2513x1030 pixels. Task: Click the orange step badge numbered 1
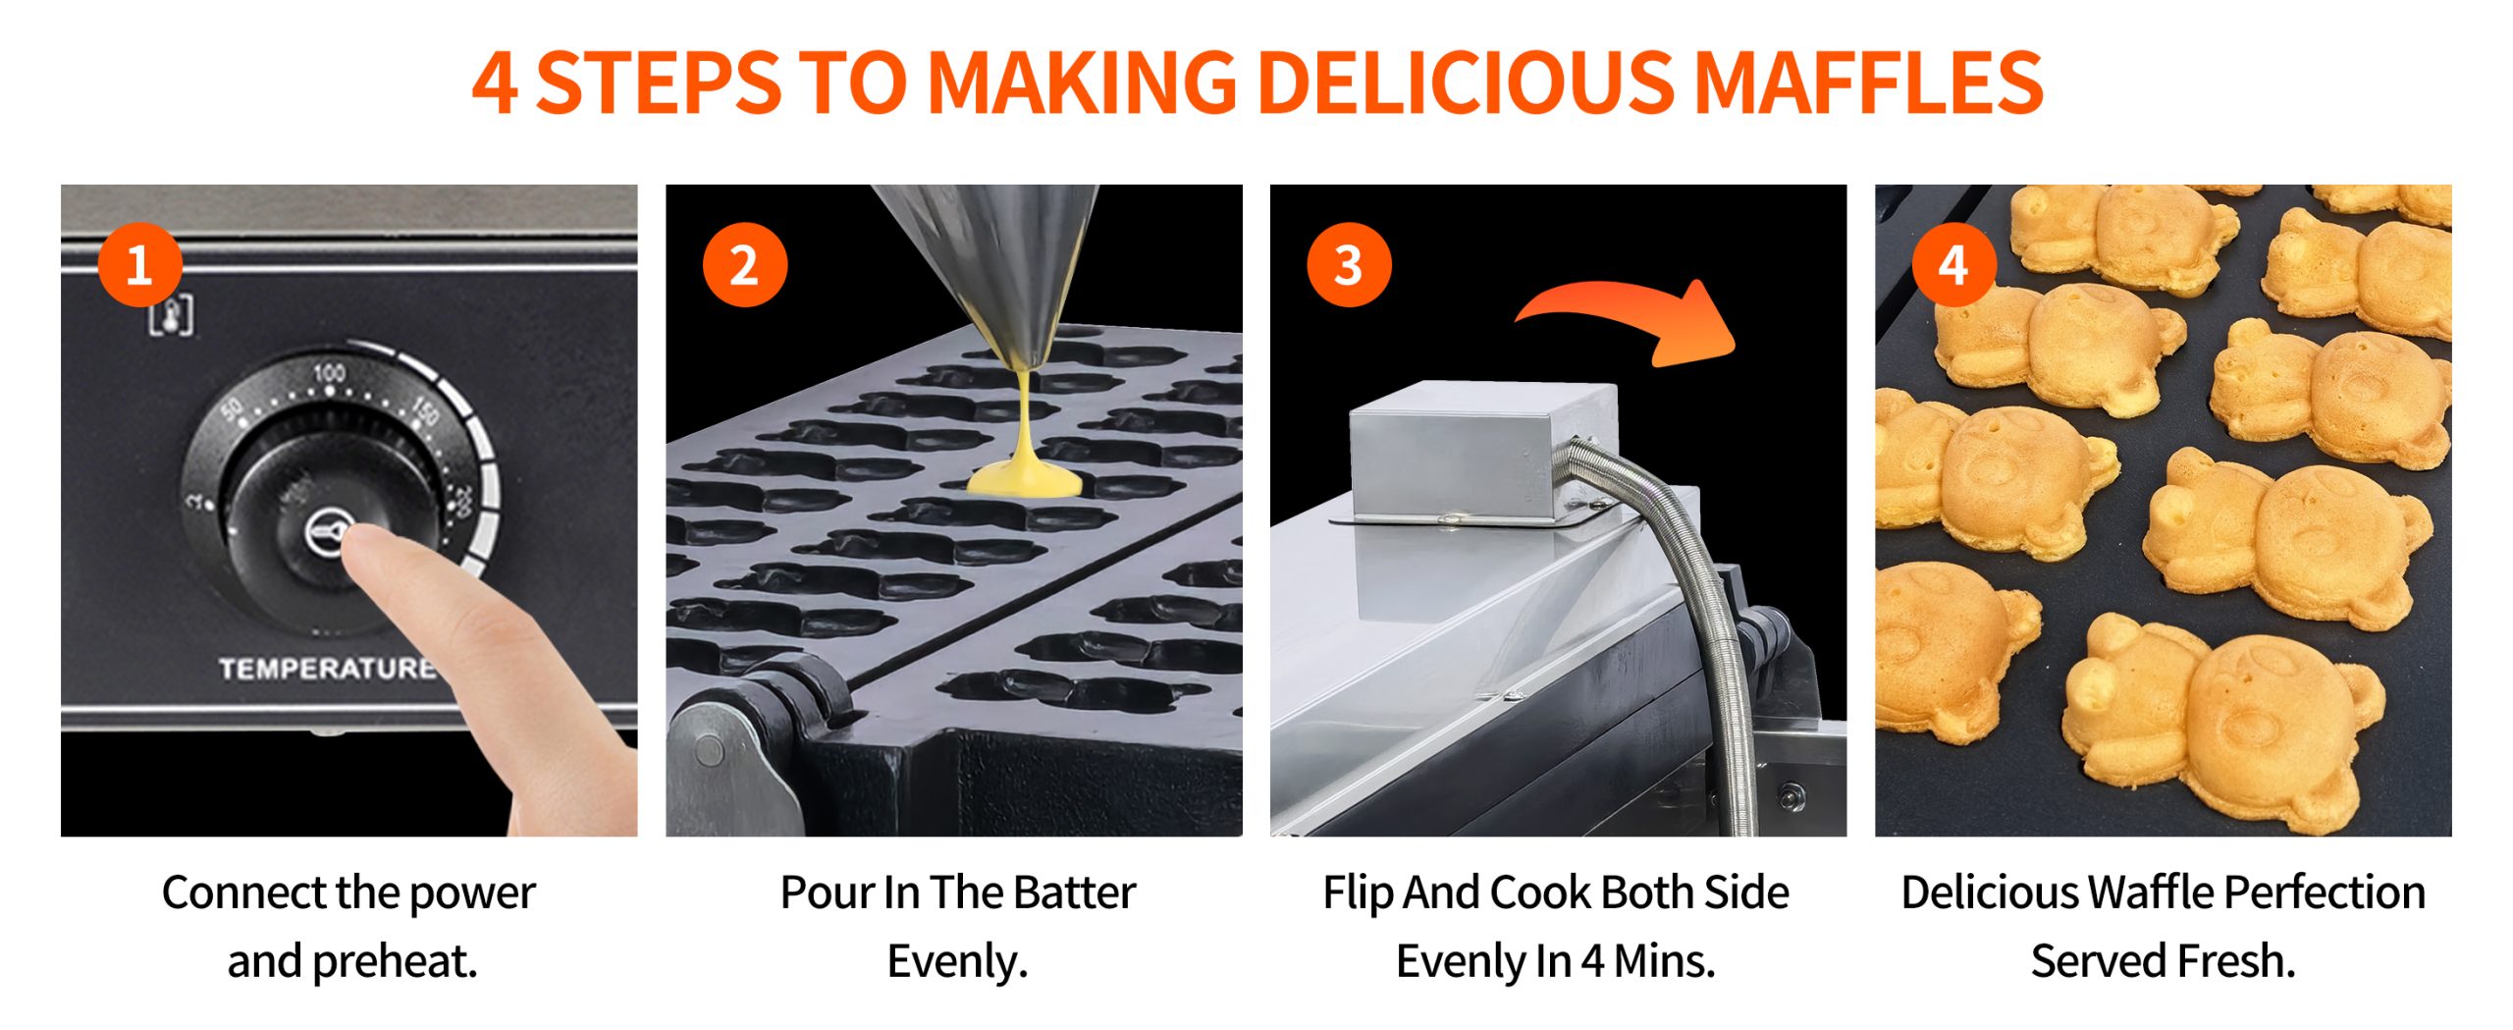(x=140, y=265)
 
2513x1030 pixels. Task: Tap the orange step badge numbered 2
(x=745, y=265)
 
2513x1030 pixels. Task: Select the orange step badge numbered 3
(x=1349, y=265)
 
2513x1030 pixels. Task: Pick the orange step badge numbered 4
(x=1953, y=265)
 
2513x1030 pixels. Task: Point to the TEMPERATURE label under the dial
(x=327, y=670)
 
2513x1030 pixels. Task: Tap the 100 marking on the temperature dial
(x=329, y=373)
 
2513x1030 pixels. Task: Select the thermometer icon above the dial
(x=171, y=315)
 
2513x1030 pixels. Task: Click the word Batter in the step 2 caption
(x=1075, y=893)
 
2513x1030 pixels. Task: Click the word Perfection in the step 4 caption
(x=2325, y=893)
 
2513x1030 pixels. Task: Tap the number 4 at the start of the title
(x=495, y=83)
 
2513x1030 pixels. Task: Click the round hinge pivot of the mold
(x=709, y=752)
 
